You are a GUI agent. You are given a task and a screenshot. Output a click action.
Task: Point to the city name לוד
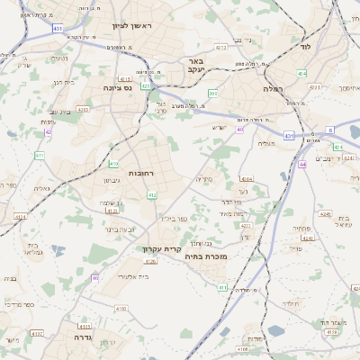tap(305, 45)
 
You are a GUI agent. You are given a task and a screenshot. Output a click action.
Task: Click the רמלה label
tap(274, 88)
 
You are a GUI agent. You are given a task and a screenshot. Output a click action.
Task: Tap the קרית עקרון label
tap(162, 247)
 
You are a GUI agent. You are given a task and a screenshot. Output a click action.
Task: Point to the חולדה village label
tap(289, 303)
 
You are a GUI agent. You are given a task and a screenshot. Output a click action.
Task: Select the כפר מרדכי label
tap(19, 305)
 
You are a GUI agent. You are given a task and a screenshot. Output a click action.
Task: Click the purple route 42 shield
tap(48, 132)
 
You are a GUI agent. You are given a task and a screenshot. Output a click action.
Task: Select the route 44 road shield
tap(303, 165)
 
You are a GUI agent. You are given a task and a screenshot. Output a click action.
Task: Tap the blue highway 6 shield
tap(330, 130)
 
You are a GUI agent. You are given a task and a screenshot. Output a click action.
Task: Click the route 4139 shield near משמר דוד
tap(331, 332)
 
